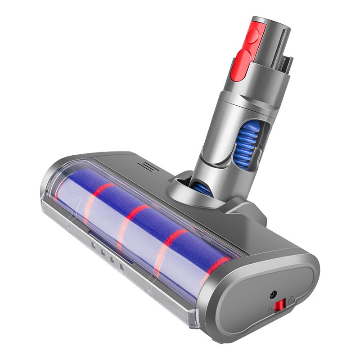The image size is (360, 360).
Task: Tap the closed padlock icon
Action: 270,310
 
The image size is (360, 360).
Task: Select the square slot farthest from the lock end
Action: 93,246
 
